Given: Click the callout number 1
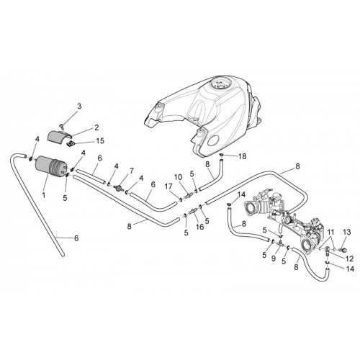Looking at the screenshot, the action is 44,195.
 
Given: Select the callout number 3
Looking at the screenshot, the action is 79,106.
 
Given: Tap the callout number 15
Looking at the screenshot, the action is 101,141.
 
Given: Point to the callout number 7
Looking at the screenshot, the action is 131,171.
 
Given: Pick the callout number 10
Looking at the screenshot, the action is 179,178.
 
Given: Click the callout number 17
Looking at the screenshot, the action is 168,186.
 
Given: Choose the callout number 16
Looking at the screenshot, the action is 200,227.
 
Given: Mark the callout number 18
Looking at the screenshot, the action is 243,156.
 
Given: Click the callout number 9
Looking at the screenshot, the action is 274,259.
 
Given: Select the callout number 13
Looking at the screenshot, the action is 347,233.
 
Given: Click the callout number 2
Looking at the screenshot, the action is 96,127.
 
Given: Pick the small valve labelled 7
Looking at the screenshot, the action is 118,188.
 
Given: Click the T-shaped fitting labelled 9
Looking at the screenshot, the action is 281,243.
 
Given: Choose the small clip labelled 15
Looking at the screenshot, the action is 71,144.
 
